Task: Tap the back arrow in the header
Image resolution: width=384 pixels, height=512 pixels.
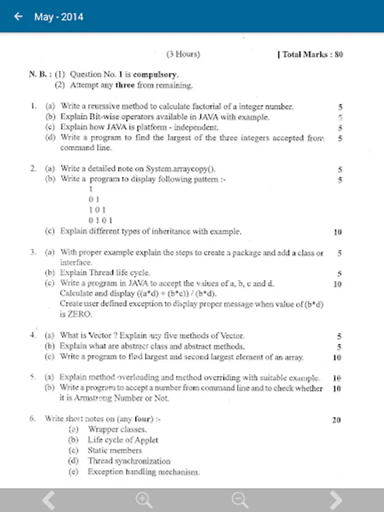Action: [x=18, y=16]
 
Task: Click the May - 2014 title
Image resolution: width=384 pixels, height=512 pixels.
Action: [x=59, y=17]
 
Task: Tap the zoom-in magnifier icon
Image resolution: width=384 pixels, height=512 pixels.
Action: [x=144, y=500]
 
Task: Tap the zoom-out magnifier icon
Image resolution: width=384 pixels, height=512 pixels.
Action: [x=240, y=500]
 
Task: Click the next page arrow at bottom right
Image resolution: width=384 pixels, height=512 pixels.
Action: [x=336, y=500]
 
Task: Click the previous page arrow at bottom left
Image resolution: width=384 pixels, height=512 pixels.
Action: [x=49, y=500]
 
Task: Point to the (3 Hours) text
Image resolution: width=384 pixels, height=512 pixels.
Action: [x=183, y=55]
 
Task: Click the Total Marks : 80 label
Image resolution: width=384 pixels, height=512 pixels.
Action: [x=310, y=55]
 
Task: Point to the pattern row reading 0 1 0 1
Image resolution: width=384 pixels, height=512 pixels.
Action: [x=101, y=220]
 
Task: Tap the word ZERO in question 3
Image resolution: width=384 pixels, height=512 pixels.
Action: [x=72, y=314]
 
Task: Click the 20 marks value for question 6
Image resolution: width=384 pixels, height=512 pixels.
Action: [x=336, y=420]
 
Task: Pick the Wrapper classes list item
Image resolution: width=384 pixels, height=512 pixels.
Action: [x=117, y=430]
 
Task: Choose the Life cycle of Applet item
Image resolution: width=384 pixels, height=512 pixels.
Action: [x=122, y=440]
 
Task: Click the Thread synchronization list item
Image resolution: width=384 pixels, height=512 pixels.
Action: [x=129, y=461]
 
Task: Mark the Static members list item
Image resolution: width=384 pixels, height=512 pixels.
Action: [x=114, y=450]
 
